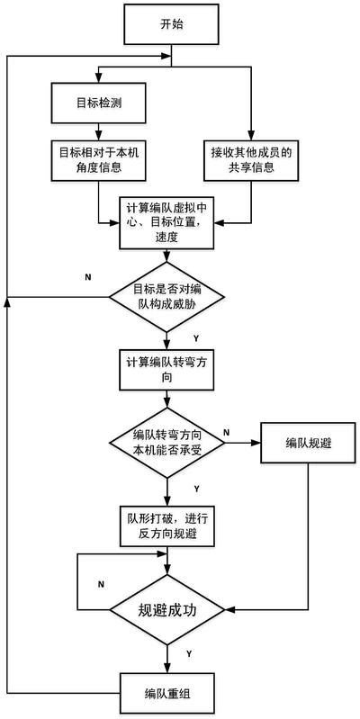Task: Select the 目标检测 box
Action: pyautogui.click(x=98, y=103)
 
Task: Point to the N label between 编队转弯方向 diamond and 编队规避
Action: pyautogui.click(x=226, y=433)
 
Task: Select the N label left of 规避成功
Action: pyautogui.click(x=101, y=584)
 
